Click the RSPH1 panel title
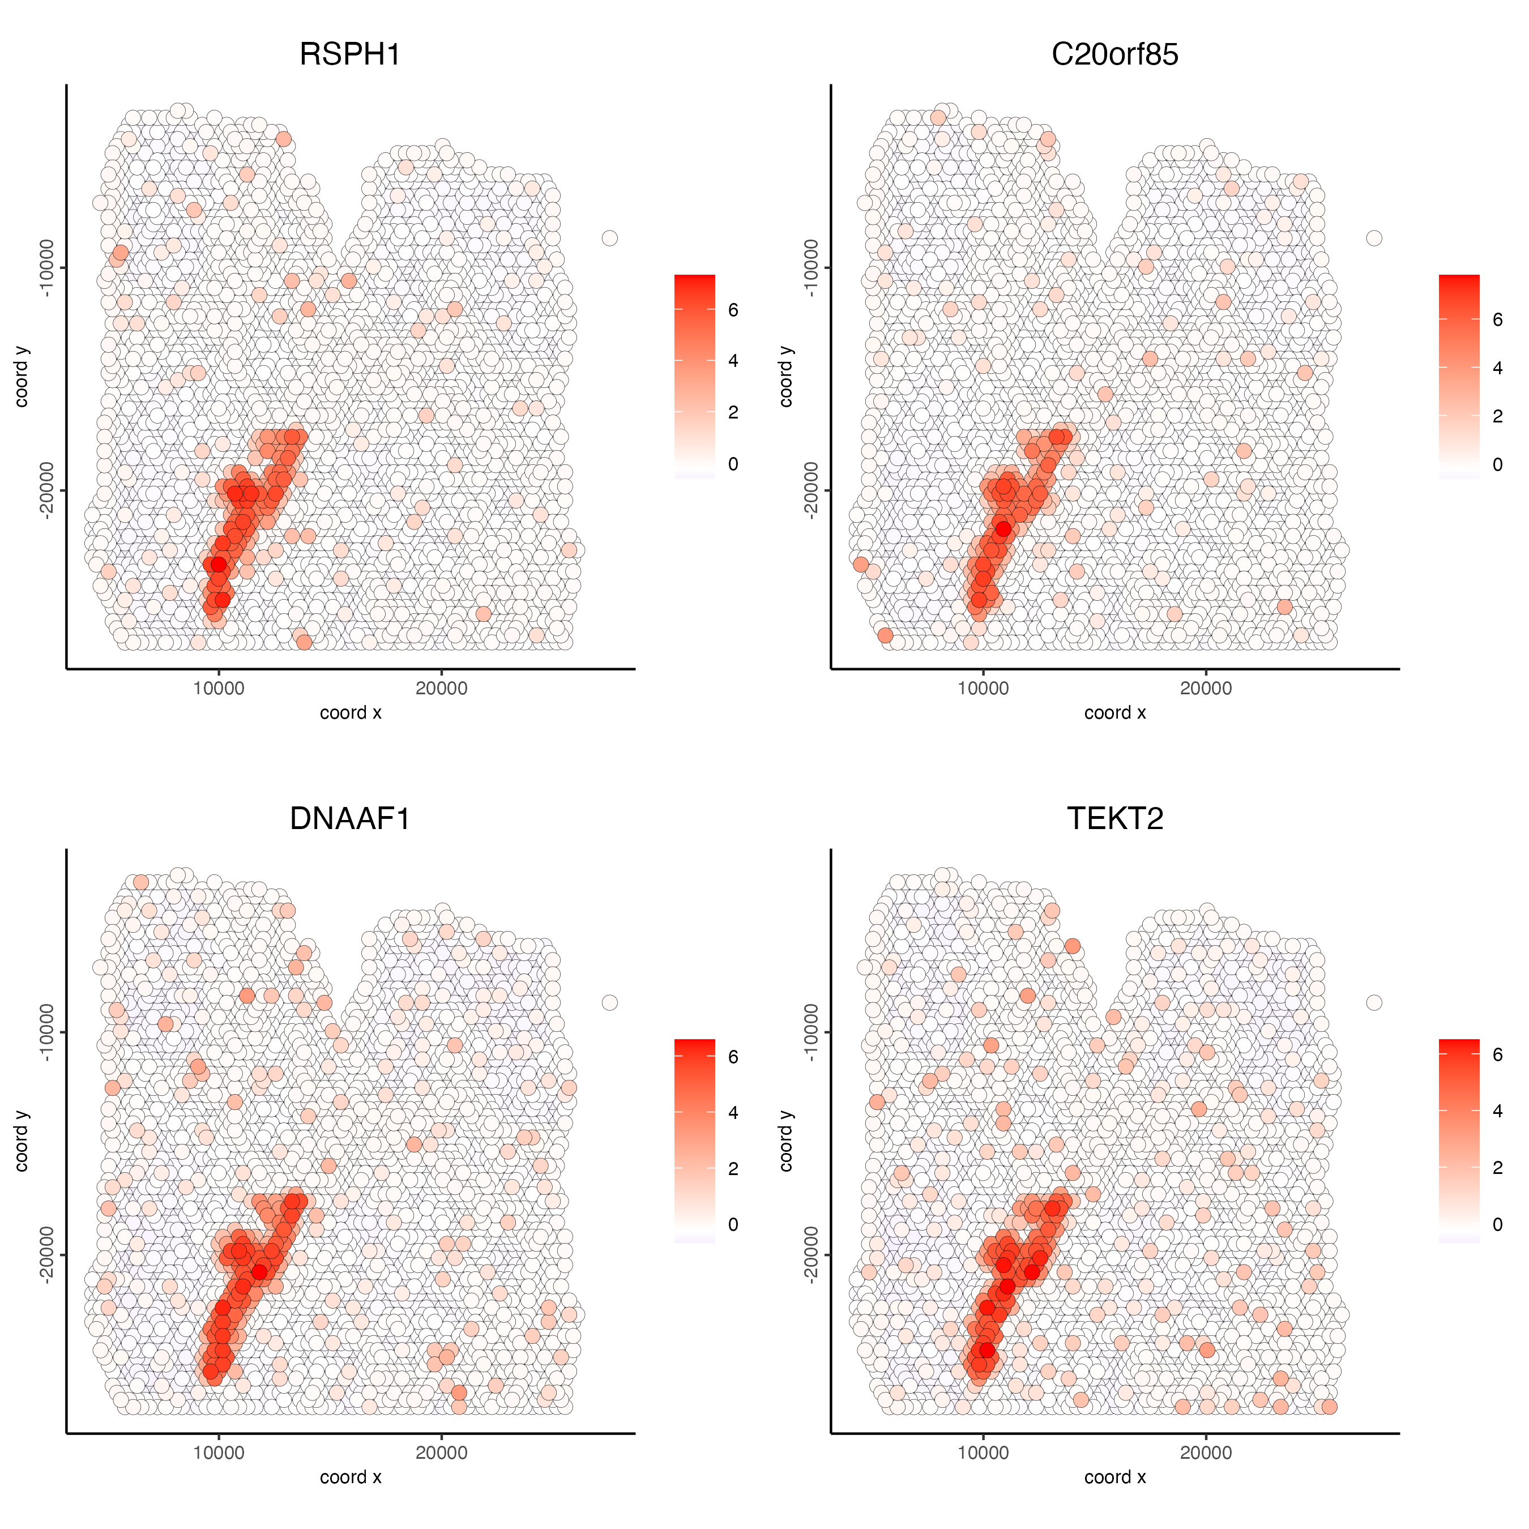click(350, 54)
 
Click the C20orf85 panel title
click(1114, 54)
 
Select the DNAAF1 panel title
click(350, 818)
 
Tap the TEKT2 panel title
click(1114, 818)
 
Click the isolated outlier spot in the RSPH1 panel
click(609, 238)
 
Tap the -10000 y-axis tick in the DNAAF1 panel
click(46, 1032)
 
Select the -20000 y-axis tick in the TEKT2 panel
click(811, 1254)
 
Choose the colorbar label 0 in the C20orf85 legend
click(1497, 464)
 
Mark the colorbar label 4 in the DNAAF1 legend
click(733, 1113)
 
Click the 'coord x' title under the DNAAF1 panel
click(351, 1477)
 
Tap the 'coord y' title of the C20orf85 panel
click(786, 377)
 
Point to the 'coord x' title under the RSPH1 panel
click(351, 712)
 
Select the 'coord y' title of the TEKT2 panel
click(786, 1141)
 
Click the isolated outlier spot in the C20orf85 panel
click(1374, 238)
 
